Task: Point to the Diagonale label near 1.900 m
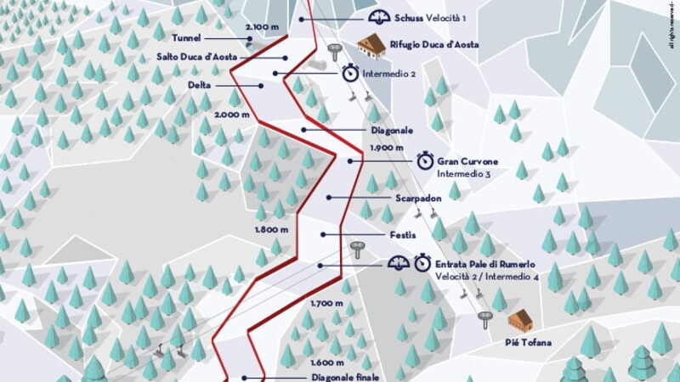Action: coord(392,131)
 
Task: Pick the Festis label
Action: coord(404,233)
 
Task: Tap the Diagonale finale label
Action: coord(344,377)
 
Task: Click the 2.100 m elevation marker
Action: coord(262,27)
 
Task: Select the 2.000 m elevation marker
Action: coord(231,114)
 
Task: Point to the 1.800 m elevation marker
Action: coord(272,229)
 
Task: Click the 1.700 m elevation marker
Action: coord(326,303)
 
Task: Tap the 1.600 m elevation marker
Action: coord(327,362)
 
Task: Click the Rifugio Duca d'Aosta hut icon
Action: coord(371,46)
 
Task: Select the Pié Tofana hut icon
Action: coord(519,321)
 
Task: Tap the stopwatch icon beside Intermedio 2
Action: coord(350,74)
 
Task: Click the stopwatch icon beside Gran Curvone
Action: coord(425,160)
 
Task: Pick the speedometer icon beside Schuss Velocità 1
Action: coord(378,18)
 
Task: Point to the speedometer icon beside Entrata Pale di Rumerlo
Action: coord(398,264)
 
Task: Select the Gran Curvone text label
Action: coord(467,160)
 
